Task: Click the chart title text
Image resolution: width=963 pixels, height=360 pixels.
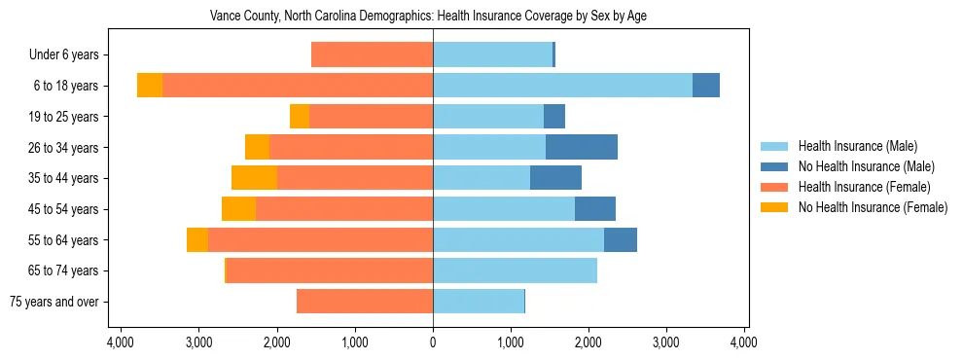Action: pos(428,17)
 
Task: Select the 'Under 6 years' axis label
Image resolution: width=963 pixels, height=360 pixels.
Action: pos(70,55)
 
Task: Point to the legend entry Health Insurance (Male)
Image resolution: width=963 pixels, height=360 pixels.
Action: pos(857,146)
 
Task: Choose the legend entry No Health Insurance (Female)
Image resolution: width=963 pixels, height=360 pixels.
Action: pos(873,207)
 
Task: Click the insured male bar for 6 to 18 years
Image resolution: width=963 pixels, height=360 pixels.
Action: pos(562,86)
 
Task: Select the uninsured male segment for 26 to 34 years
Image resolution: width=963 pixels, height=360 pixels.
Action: pos(582,147)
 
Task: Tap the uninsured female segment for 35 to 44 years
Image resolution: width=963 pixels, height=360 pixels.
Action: pos(254,178)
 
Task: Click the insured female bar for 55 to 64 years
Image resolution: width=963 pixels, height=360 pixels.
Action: pos(320,239)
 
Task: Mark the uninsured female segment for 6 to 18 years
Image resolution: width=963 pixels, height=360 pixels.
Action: pos(150,86)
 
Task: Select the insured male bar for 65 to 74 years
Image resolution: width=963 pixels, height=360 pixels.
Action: pos(515,270)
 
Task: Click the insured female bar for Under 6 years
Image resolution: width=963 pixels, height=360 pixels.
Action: pos(372,55)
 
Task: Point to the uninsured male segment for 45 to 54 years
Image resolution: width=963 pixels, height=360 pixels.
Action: pos(595,209)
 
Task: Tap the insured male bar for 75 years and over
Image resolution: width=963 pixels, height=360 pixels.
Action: pos(479,302)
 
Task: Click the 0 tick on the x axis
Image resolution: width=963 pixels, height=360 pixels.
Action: pos(433,342)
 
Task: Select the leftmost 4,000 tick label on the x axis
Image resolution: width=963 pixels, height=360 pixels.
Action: pos(121,342)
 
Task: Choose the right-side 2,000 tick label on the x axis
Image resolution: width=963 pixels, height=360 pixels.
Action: pos(588,342)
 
